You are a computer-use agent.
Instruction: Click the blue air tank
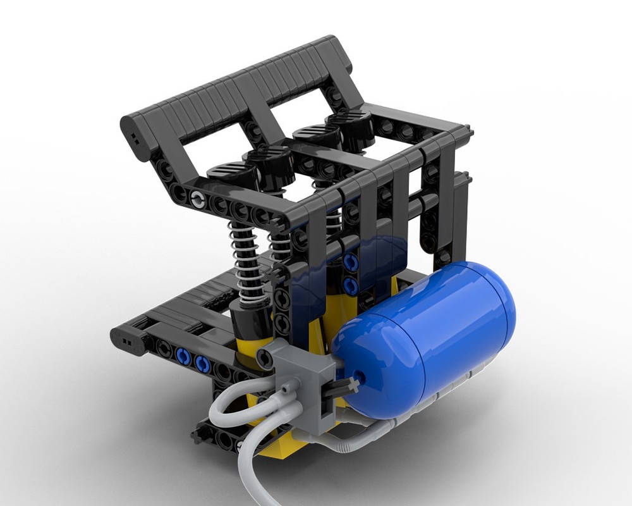click(x=430, y=335)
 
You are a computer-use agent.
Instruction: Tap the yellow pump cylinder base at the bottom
click(x=278, y=443)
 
